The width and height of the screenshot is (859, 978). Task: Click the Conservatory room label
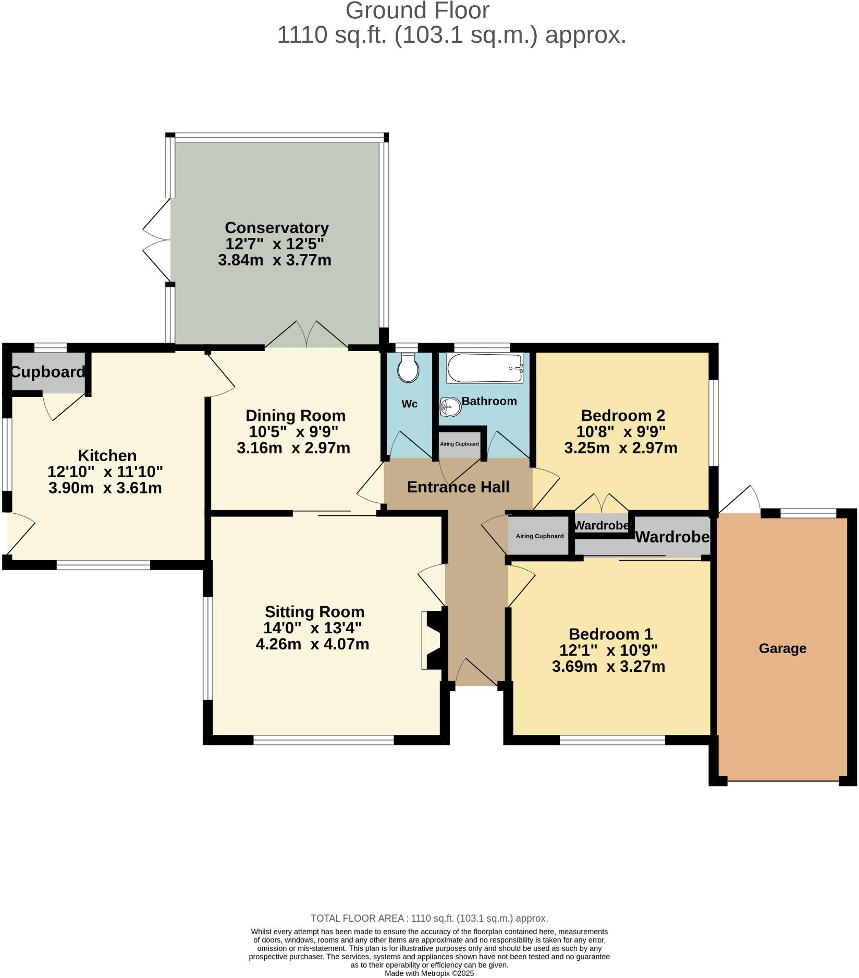pos(276,228)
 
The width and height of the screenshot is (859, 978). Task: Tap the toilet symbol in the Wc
pos(408,368)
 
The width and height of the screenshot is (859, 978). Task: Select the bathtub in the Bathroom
pos(485,368)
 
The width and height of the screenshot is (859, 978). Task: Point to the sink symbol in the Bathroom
pos(450,407)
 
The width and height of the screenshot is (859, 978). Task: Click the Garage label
pos(782,648)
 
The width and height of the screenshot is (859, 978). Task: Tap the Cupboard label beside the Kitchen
pos(47,372)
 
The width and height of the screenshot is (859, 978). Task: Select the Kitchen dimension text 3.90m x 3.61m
pos(105,488)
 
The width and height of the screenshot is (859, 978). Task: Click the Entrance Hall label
pos(458,487)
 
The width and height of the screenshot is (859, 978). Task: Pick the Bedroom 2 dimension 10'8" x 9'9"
pos(620,432)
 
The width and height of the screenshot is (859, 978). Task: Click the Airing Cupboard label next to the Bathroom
pos(459,444)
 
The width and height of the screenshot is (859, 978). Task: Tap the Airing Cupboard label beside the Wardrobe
pos(539,536)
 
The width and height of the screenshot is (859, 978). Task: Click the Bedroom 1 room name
pos(610,634)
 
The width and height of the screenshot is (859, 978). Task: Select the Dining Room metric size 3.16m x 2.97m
pos(293,448)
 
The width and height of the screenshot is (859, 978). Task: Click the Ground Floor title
pos(417,11)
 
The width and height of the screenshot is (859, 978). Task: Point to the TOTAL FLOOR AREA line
pos(429,918)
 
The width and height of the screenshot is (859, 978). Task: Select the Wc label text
pos(409,404)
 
